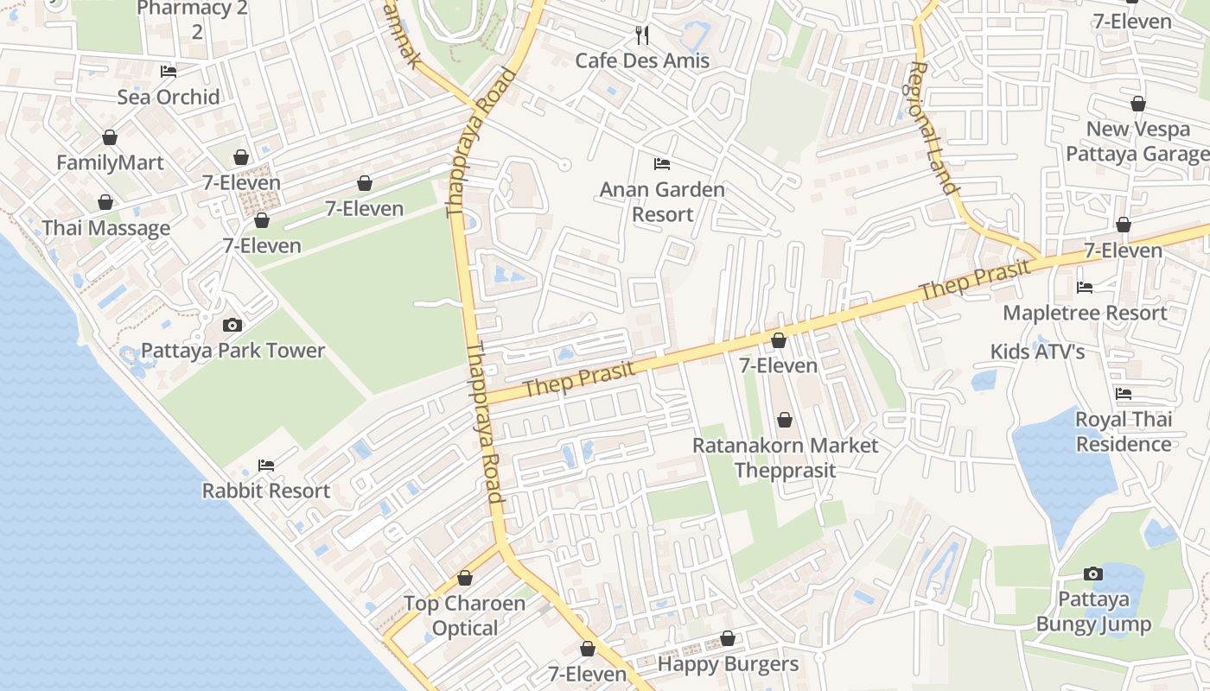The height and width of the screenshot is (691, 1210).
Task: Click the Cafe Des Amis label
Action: [x=642, y=60]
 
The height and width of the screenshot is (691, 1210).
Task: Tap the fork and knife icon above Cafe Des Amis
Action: [x=642, y=35]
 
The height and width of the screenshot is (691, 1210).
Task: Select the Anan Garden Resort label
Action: [x=662, y=201]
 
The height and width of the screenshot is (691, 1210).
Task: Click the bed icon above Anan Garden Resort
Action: [x=662, y=163]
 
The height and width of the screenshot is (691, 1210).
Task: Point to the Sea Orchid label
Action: [x=169, y=97]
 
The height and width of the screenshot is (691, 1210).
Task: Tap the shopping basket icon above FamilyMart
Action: [x=110, y=137]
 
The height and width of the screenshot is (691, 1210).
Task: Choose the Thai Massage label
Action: [x=106, y=228]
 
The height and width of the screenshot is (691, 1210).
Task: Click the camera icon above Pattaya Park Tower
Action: [x=232, y=325]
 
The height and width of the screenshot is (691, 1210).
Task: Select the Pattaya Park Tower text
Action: [x=232, y=351]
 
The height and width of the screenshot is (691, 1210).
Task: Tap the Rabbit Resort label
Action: [x=266, y=491]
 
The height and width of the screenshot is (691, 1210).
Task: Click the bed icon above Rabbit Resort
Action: [x=266, y=465]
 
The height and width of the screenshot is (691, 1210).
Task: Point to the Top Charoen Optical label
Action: [x=465, y=615]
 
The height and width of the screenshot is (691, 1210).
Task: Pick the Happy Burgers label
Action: [x=728, y=664]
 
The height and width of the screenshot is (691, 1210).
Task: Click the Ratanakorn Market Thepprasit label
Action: [x=785, y=458]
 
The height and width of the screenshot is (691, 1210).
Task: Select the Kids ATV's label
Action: [x=1037, y=352]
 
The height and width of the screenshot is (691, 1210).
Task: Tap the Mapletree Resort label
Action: [x=1085, y=313]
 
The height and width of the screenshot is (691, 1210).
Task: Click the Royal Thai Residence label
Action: [x=1124, y=432]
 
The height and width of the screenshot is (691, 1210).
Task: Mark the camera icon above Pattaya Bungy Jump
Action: [x=1093, y=574]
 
